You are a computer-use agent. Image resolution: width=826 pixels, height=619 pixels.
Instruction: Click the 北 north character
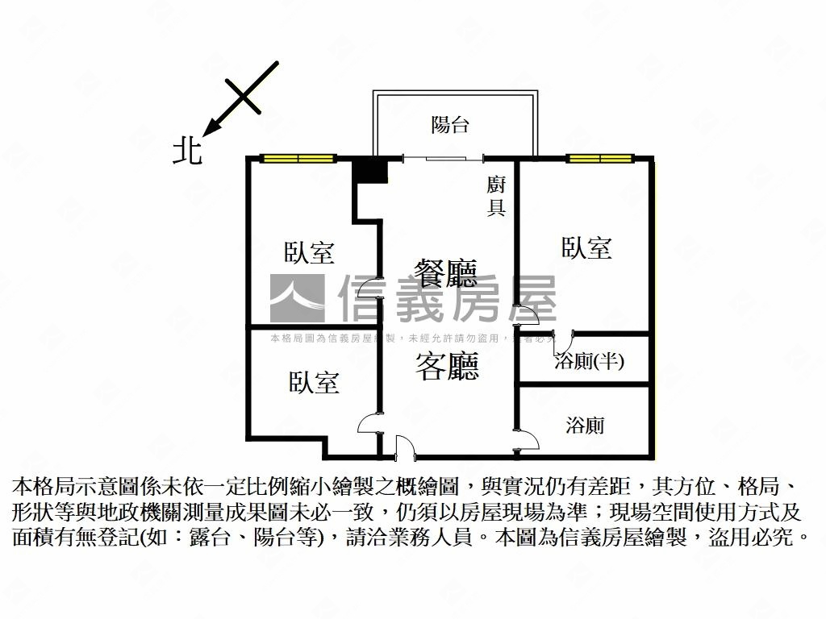click(x=188, y=151)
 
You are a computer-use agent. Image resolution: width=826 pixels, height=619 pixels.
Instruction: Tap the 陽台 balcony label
click(x=450, y=125)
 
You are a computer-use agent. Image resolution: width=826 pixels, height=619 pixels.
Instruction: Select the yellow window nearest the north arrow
click(x=298, y=158)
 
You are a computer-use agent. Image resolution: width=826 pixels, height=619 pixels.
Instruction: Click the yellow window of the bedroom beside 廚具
click(x=599, y=158)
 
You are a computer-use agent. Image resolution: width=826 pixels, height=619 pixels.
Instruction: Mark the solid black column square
click(x=372, y=172)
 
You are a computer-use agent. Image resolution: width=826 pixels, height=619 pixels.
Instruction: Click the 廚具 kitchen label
click(x=496, y=196)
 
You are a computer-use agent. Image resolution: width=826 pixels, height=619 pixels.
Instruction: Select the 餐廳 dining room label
click(x=446, y=273)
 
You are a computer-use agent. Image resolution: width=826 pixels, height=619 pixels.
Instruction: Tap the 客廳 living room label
click(x=447, y=367)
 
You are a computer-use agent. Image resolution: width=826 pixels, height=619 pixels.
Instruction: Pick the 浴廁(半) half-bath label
click(x=589, y=361)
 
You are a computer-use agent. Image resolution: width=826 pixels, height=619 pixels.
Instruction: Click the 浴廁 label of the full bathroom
click(x=586, y=425)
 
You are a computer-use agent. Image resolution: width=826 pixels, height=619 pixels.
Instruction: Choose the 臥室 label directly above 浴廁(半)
click(x=586, y=247)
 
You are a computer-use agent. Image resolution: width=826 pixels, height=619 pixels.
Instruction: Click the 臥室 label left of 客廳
click(x=314, y=382)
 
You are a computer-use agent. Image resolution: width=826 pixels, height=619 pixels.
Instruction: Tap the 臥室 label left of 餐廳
click(x=309, y=252)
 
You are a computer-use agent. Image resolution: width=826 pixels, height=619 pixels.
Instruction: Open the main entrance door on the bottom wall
click(x=403, y=446)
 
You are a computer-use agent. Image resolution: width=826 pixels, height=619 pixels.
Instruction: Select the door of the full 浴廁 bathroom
click(x=529, y=438)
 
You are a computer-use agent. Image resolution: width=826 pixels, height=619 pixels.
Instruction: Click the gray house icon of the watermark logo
click(x=297, y=298)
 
